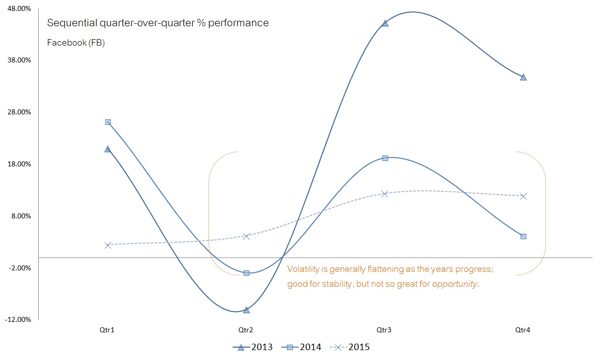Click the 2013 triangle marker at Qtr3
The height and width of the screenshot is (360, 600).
tap(385, 23)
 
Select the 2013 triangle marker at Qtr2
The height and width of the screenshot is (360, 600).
tap(246, 309)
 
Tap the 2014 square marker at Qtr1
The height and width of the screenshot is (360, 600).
tap(108, 122)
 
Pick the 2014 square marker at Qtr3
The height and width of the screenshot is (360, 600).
tap(385, 158)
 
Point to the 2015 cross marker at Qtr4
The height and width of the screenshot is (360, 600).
tap(524, 196)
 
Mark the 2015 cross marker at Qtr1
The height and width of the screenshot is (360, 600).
tap(108, 245)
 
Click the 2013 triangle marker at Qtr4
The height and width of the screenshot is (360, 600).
tap(524, 77)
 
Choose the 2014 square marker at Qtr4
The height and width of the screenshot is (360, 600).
tap(524, 236)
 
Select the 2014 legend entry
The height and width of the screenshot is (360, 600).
tap(301, 347)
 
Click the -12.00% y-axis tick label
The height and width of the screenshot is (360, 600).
tap(18, 319)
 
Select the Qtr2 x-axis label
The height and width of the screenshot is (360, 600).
tap(246, 330)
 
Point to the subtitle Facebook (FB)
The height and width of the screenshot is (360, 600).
tap(76, 43)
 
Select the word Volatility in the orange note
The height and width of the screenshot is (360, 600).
tap(304, 269)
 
